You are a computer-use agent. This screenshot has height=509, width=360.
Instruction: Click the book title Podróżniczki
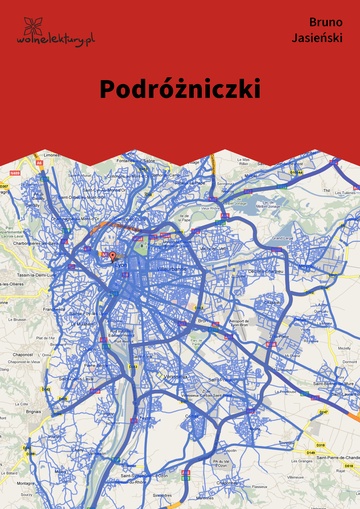[x=180, y=88]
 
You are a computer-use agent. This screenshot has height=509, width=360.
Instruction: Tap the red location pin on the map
[x=112, y=256]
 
